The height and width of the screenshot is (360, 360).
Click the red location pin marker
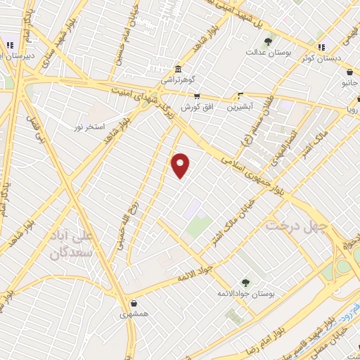[181, 165]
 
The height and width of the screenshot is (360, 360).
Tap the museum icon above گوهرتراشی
[178, 70]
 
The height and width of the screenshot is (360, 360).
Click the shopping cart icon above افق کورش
[197, 96]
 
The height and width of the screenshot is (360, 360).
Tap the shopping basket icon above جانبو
[349, 72]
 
